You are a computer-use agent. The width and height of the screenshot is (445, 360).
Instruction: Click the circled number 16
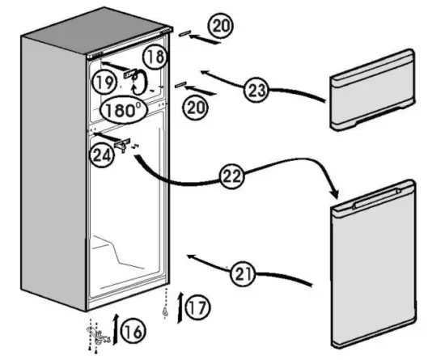pyautogui.click(x=134, y=330)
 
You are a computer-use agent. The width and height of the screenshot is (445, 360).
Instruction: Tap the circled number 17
pyautogui.click(x=197, y=307)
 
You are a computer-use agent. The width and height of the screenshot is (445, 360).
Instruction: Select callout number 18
pyautogui.click(x=157, y=56)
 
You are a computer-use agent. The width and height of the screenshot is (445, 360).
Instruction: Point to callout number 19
pyautogui.click(x=104, y=82)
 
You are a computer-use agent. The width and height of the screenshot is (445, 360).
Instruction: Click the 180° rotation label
pyautogui.click(x=122, y=109)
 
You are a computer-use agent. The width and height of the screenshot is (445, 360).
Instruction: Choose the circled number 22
pyautogui.click(x=232, y=172)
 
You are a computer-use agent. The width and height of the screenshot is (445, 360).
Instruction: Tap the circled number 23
pyautogui.click(x=257, y=91)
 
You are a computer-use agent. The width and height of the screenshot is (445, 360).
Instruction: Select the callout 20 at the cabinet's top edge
pyautogui.click(x=219, y=27)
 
